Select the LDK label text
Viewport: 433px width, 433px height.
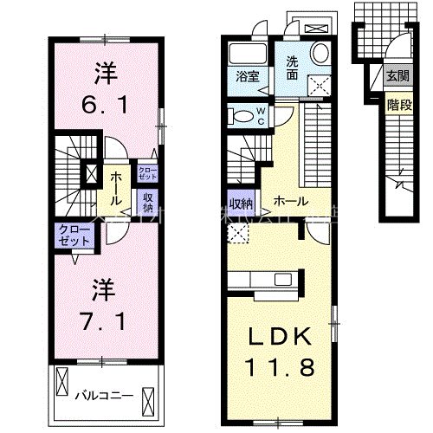(276, 336)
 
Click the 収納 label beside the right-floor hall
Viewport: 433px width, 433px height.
(241, 204)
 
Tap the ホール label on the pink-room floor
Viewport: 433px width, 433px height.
(115, 182)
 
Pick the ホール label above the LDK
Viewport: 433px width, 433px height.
(288, 202)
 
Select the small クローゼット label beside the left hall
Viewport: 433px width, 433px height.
(146, 171)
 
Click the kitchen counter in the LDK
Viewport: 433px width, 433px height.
(260, 280)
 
